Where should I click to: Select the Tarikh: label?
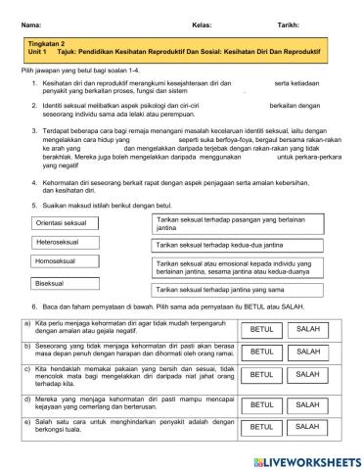point(274,21)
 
